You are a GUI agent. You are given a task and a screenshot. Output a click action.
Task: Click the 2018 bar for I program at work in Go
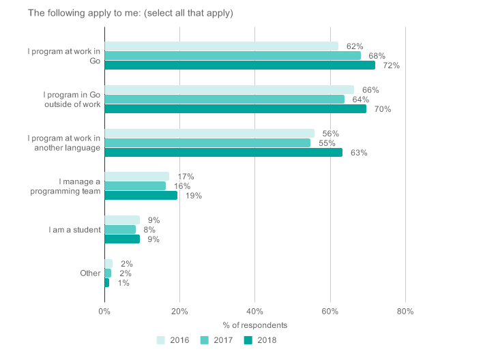(239, 65)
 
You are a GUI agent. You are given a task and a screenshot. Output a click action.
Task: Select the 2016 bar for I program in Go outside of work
(229, 90)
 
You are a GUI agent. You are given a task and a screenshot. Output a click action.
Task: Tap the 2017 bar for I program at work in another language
(207, 143)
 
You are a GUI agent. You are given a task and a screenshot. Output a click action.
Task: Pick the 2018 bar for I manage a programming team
(141, 196)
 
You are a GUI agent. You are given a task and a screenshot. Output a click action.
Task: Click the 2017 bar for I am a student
(120, 230)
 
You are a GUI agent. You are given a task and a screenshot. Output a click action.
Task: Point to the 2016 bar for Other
(108, 264)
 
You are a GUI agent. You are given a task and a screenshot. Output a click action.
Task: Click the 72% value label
(391, 65)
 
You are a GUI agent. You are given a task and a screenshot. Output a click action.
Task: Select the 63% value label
(359, 153)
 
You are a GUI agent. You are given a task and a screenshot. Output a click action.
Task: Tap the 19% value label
(194, 196)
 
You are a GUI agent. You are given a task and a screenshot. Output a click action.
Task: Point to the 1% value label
(123, 283)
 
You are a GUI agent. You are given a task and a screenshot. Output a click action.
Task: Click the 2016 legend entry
(173, 340)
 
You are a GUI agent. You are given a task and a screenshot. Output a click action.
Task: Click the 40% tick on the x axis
(254, 311)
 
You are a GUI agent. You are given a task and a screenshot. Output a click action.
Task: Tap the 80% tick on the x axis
(405, 311)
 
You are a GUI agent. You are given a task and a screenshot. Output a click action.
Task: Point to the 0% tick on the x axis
(104, 311)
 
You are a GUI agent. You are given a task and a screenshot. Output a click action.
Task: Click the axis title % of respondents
(254, 325)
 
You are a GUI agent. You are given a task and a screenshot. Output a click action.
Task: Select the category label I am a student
(74, 230)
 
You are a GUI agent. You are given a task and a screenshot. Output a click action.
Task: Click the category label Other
(90, 273)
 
